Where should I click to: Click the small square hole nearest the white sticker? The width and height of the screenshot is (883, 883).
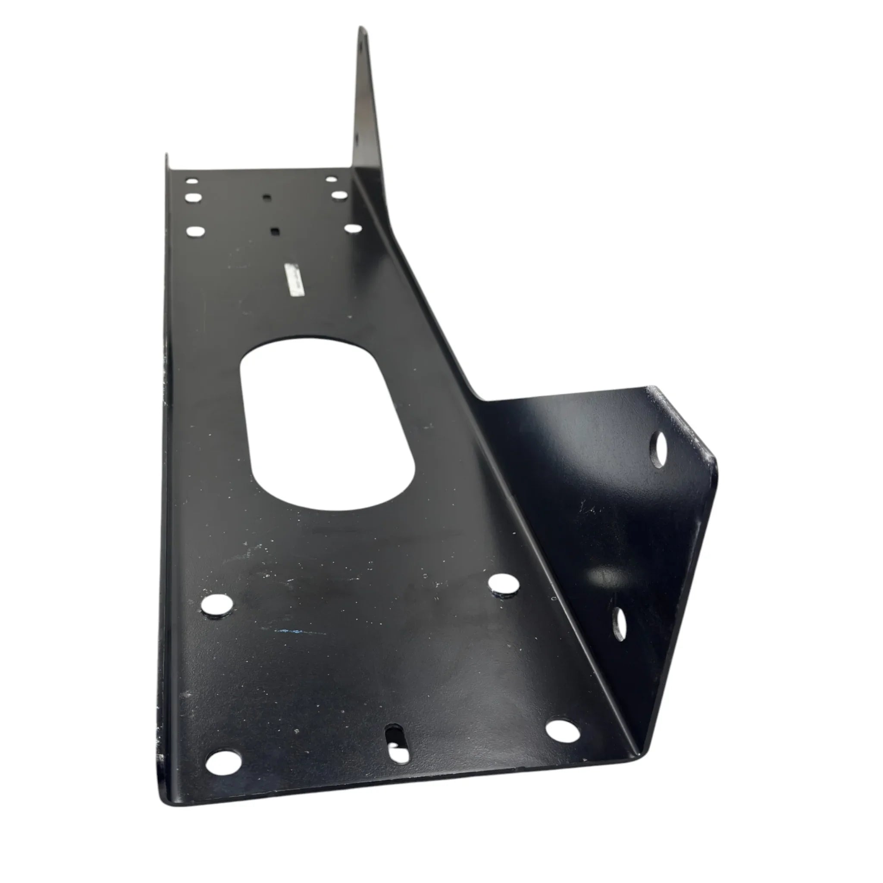click(275, 231)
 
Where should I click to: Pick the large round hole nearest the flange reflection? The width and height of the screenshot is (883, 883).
click(504, 585)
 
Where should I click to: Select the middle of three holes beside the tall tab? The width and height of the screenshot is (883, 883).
click(339, 196)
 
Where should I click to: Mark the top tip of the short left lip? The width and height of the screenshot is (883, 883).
click(166, 155)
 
